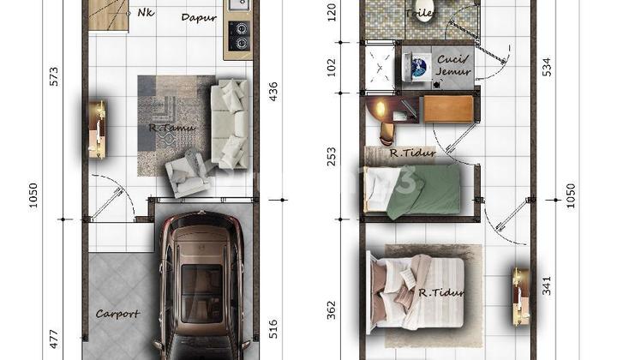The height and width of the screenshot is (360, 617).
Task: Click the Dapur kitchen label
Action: (199, 17)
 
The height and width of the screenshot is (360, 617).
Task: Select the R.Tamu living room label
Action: (171, 129)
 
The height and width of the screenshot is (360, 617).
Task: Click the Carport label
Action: (117, 314)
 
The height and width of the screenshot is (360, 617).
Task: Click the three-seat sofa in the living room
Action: (228, 123)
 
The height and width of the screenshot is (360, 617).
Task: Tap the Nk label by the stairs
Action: (145, 13)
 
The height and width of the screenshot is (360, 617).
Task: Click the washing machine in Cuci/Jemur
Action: (418, 66)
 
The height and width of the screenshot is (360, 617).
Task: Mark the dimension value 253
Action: (332, 157)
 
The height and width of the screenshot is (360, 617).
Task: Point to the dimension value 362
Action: (332, 310)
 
